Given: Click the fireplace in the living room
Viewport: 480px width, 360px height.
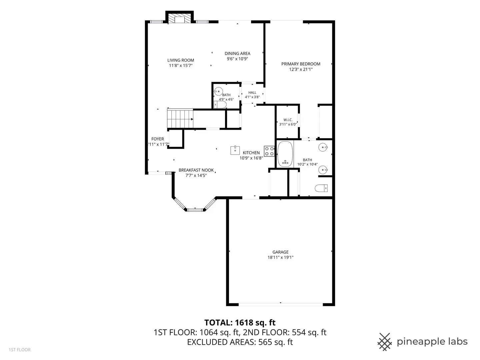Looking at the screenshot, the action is [x=180, y=17].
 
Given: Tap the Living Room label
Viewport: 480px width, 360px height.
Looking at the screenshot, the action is [x=181, y=60].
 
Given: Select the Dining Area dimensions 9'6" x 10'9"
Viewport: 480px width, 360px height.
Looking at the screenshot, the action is [x=237, y=59].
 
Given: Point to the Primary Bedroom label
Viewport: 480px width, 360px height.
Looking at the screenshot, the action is [x=301, y=64].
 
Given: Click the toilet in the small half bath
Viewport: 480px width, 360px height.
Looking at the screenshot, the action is [x=220, y=105].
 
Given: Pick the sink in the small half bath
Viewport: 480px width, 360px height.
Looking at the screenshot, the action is [x=218, y=91].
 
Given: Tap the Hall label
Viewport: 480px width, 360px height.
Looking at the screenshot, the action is [x=252, y=92].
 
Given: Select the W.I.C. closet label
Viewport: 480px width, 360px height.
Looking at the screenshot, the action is [x=288, y=120].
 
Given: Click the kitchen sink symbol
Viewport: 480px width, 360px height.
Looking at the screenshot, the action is [x=235, y=150].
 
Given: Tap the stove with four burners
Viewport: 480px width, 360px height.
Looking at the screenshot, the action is [x=269, y=151].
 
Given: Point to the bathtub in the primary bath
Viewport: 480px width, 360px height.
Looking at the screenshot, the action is [x=285, y=154].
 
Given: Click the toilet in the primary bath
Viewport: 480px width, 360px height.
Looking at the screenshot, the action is [x=321, y=188].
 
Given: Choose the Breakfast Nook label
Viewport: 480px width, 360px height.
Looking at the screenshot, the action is [x=196, y=170].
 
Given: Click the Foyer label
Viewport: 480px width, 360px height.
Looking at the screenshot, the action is [x=157, y=139].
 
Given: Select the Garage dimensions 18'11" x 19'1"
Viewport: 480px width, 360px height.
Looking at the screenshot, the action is [x=280, y=257].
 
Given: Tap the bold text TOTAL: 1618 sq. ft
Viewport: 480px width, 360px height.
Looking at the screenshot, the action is [x=240, y=322].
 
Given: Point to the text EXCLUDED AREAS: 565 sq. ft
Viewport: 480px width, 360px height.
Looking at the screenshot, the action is [x=240, y=342].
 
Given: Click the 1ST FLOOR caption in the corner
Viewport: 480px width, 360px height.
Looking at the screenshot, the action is [x=20, y=350].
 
